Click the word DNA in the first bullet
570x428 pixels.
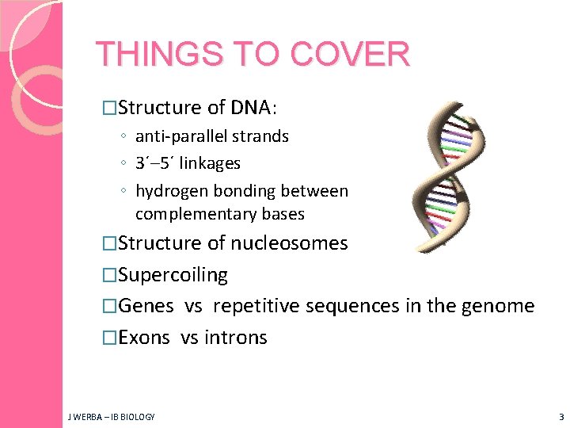251,107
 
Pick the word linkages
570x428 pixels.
212,163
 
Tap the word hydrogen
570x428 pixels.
169,191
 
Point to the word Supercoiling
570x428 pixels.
173,275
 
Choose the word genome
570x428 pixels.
501,306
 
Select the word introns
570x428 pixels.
236,338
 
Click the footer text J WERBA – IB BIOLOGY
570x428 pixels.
111,416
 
